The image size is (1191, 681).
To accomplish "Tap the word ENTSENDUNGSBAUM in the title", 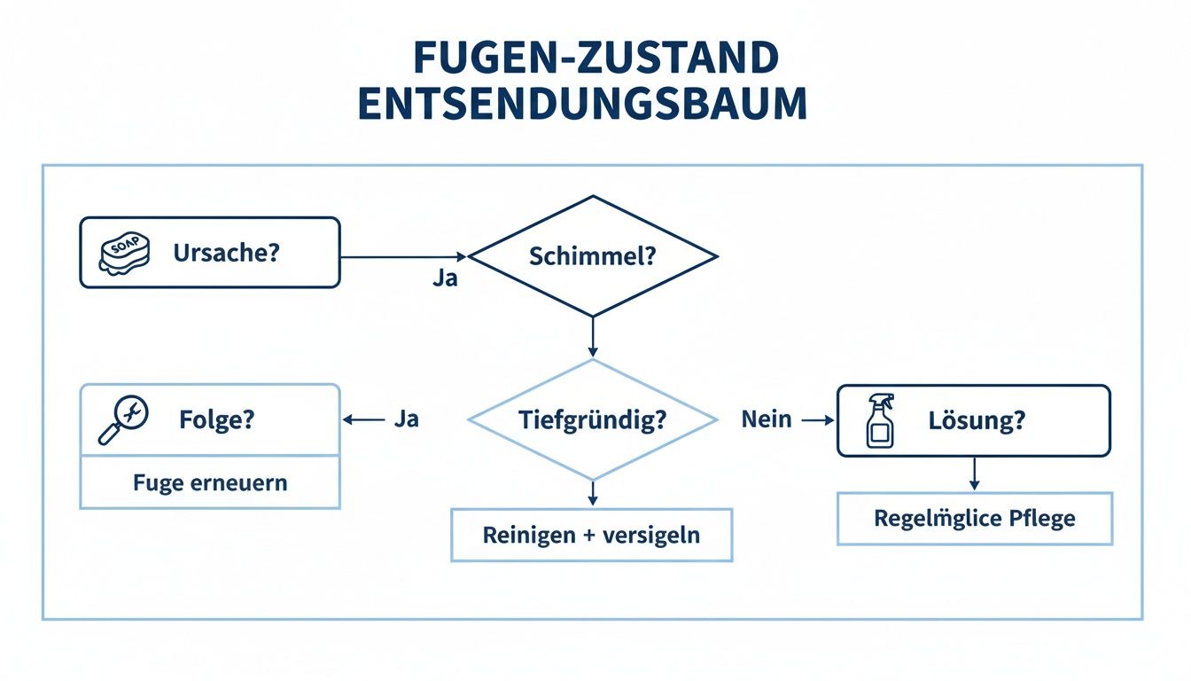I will point(582,105).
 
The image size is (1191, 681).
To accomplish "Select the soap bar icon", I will point(122,254).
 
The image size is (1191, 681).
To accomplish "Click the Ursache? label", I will point(226,253).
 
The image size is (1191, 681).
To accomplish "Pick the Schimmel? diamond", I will point(592,256).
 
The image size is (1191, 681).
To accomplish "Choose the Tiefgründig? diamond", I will point(592,419).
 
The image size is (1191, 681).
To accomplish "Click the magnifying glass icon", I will point(122,419).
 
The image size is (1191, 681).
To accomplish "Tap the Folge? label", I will point(216,419).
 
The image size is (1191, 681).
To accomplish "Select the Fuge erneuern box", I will point(210,482).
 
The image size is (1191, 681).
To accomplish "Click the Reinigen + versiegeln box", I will point(592,535).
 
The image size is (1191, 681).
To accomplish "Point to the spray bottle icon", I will point(880,420).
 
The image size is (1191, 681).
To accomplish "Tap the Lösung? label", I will point(977,420).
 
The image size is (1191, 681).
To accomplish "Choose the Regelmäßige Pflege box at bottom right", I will point(975,518).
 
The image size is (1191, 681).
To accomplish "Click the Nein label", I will point(767,419).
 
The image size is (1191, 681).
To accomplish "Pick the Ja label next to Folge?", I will point(405,419).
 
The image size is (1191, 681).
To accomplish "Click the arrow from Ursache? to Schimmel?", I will point(404,257).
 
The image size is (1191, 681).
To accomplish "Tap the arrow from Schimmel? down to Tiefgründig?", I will point(592,338).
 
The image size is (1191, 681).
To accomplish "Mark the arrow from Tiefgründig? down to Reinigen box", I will point(592,493).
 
